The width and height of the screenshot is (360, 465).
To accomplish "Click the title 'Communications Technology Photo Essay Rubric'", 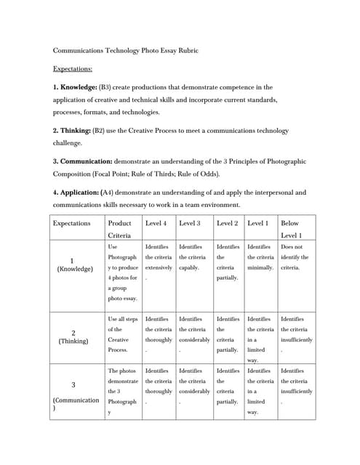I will click(126, 51).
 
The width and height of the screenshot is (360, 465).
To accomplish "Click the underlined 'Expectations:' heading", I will click(73, 69).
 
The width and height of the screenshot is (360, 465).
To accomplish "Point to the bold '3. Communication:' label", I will click(82, 161).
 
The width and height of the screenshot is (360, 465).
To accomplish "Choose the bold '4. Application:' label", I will click(79, 193).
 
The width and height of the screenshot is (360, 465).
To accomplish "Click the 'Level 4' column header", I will click(156, 223).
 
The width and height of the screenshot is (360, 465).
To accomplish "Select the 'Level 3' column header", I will click(190, 223).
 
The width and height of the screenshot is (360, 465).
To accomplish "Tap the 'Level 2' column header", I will click(227, 223).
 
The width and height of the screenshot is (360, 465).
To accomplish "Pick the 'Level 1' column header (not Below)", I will click(258, 223).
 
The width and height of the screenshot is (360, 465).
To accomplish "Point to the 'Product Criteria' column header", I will click(119, 229).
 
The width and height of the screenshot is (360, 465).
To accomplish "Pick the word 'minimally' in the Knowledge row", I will click(260, 267).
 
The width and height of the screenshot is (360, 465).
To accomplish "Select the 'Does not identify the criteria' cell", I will click(294, 257).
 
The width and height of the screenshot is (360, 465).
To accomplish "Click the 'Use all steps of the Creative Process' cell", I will click(121, 334).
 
